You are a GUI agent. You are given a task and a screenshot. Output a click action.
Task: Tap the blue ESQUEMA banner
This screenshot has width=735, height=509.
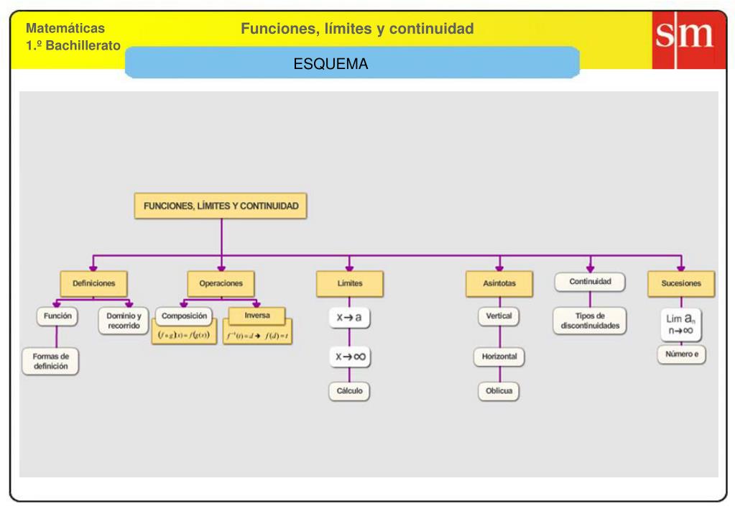pos(352,64)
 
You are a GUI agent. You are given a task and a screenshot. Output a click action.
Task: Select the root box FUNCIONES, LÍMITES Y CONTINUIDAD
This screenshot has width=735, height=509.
pos(221,206)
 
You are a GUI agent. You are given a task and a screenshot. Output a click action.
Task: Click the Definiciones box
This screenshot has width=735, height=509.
pos(93,283)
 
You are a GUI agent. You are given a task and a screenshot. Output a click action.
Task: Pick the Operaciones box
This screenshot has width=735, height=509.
pos(221,283)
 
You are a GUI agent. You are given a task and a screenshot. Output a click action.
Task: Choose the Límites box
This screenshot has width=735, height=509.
pos(350,283)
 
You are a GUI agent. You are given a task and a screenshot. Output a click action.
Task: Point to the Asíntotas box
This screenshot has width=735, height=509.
pos(499,283)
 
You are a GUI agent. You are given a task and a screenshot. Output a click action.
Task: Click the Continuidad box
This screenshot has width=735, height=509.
pos(590,282)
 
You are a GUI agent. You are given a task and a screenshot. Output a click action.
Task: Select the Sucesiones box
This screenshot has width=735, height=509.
pos(681,283)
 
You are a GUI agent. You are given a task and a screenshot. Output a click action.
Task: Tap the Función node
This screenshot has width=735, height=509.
pos(57,316)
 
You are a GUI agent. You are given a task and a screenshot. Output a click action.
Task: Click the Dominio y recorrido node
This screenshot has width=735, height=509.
pos(124,321)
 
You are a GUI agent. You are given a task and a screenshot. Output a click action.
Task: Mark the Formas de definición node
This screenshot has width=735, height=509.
pos(50,361)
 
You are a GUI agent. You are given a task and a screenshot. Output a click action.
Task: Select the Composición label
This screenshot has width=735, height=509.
pos(184,316)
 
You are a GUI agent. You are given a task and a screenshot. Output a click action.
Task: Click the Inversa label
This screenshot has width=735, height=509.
pos(256,316)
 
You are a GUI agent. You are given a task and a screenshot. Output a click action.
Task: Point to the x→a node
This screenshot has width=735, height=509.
pos(349,318)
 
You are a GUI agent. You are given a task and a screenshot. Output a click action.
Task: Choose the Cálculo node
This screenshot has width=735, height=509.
pos(349,391)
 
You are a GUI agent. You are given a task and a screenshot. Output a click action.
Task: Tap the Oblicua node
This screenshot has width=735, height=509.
pos(499,391)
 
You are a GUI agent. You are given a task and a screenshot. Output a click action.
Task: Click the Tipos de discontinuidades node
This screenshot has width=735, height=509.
pos(590,321)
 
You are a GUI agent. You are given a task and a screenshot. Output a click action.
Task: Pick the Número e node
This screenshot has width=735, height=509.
pos(681,354)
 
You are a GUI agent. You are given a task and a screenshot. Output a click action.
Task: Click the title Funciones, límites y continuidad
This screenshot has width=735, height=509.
pos(357,29)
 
